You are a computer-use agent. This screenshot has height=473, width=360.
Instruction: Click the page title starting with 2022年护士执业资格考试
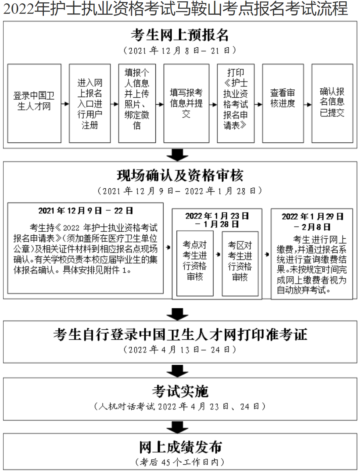tap(175, 9)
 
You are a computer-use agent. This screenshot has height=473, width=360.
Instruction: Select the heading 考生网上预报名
tap(180, 35)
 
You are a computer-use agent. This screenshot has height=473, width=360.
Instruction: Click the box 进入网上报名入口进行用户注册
tap(90, 104)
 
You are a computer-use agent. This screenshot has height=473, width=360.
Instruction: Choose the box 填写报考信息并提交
tap(186, 103)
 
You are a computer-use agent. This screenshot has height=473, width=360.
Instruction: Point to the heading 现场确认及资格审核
tap(180, 176)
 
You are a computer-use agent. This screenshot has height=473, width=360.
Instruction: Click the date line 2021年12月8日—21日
tap(180, 51)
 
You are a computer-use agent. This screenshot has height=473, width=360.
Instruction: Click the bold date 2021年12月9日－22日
tap(85, 211)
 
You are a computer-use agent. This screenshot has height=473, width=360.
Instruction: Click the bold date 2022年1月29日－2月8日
tap(312, 222)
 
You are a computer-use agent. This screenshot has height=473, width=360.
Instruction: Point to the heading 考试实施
tap(180, 391)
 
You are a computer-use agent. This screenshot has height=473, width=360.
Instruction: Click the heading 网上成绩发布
tap(180, 447)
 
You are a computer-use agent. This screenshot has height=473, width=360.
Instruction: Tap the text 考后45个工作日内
tap(180, 462)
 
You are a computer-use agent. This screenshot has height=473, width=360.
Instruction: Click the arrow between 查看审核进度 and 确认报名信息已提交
tap(308, 104)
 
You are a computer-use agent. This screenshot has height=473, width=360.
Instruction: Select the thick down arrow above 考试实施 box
tap(177, 371)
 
